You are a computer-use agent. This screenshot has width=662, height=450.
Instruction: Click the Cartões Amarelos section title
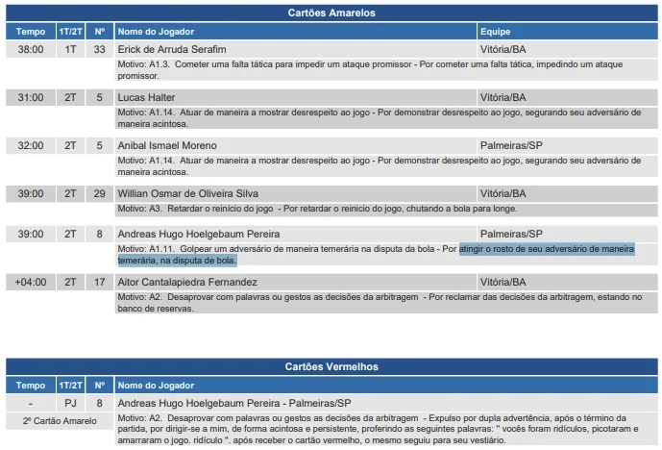(331, 12)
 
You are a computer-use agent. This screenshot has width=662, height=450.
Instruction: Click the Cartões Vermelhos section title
(331, 366)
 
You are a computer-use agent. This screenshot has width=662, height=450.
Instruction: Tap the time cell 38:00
(31, 49)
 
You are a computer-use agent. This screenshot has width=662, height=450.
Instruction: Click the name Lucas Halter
(146, 97)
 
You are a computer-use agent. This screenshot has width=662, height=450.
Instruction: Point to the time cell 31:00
(31, 97)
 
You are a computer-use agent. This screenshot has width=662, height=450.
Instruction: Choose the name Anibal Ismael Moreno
(167, 145)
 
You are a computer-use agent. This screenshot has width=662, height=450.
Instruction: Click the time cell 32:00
(31, 145)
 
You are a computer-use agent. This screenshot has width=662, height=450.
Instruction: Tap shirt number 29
(100, 193)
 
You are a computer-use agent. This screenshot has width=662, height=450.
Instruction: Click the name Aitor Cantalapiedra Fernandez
(188, 282)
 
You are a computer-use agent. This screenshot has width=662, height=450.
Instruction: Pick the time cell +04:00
(31, 282)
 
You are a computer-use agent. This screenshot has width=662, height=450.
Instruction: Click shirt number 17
(100, 282)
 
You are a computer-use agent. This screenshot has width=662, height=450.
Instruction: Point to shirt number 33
(100, 49)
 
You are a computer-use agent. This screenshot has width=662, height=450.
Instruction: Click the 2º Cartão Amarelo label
(58, 420)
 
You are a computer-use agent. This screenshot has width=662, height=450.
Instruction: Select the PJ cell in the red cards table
(70, 403)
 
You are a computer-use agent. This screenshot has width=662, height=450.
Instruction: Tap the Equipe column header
(495, 32)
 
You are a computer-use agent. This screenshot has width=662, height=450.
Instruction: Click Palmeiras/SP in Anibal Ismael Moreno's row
(511, 145)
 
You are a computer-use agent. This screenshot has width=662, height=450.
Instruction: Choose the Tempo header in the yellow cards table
(31, 32)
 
